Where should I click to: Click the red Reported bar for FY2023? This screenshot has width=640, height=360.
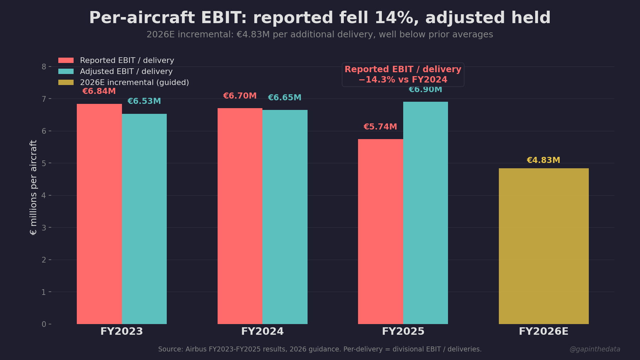pos(99,213)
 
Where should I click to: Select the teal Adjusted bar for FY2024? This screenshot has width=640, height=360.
pos(285,217)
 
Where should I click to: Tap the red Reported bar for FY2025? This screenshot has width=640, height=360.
pos(380,231)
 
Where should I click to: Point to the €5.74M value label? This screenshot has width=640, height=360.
pos(380,127)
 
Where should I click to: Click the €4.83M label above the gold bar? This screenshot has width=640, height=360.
pos(543,160)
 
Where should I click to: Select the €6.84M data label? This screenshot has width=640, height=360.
pos(99,91)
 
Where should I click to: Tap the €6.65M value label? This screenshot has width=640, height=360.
pos(284,97)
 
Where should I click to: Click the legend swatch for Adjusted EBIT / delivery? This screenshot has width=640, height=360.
pos(66,72)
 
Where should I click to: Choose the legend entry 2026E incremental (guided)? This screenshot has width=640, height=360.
pos(134,83)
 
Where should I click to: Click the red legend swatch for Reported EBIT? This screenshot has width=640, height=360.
pos(66,60)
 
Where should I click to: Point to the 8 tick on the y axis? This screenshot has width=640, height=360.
pos(44,67)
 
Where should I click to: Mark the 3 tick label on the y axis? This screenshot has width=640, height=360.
pos(44,228)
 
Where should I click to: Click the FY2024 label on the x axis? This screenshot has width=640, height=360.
pos(262,331)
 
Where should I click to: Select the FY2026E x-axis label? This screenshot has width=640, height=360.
pos(543,331)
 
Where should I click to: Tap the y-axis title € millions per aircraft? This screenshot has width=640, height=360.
pos(33,187)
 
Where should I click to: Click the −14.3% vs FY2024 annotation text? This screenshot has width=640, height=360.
pos(403,80)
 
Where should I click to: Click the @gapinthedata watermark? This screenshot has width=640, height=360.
pos(595,349)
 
